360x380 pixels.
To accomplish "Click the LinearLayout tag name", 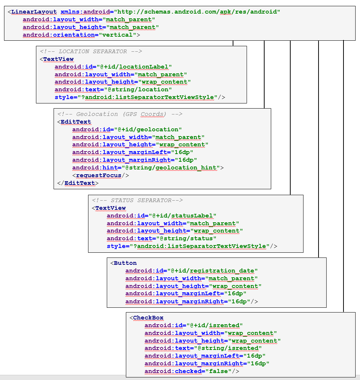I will [34, 12].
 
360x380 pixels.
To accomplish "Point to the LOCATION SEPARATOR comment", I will [91, 51].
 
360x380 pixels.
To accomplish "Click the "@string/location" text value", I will [134, 89].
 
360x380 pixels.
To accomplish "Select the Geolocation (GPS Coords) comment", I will [120, 114].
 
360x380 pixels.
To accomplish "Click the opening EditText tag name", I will [76, 122].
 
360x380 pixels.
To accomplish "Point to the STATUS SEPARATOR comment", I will [137, 200].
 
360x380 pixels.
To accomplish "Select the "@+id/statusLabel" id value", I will [182, 216].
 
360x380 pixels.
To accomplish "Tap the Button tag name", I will [125, 263].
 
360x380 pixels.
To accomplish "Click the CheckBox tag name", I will [148, 318].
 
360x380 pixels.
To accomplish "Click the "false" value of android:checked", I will [217, 371].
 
